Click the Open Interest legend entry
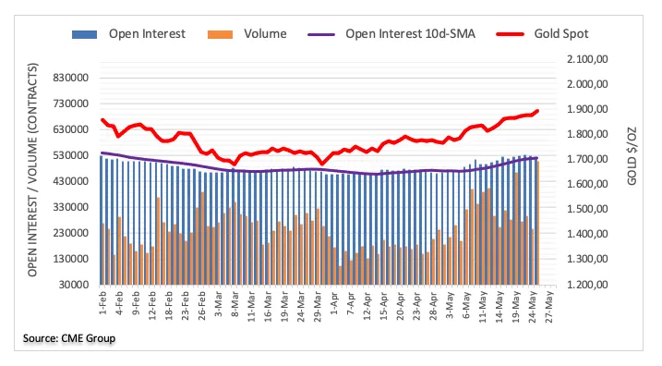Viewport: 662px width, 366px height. (x=128, y=34)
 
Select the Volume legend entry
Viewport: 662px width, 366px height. (x=247, y=34)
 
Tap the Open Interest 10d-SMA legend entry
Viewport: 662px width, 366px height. (x=391, y=34)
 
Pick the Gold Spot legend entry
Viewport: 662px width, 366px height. (x=542, y=34)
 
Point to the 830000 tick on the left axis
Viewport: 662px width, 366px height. (x=71, y=78)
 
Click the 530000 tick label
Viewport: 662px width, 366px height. (x=71, y=155)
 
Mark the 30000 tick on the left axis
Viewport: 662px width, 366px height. (x=74, y=285)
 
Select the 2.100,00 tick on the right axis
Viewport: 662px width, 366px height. (x=587, y=59)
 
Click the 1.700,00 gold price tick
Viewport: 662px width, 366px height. (x=587, y=159)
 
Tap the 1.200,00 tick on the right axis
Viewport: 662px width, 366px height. (x=587, y=285)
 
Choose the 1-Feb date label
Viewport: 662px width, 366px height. (x=103, y=302)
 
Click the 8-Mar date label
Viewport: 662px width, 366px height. (x=235, y=303)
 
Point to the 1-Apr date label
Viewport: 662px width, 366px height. (x=335, y=302)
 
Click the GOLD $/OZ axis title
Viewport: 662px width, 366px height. (x=632, y=156)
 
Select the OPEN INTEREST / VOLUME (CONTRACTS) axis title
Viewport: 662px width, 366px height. (x=32, y=170)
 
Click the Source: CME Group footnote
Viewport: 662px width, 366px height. (x=69, y=338)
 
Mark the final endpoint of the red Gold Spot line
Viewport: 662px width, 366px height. (x=537, y=111)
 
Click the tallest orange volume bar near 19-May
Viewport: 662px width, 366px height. (x=516, y=228)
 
